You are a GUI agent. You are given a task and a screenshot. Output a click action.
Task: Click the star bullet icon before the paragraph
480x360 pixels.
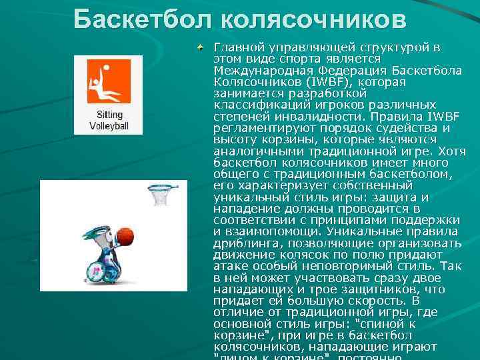point(200,47)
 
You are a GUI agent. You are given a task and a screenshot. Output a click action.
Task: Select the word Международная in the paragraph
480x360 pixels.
point(257,71)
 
